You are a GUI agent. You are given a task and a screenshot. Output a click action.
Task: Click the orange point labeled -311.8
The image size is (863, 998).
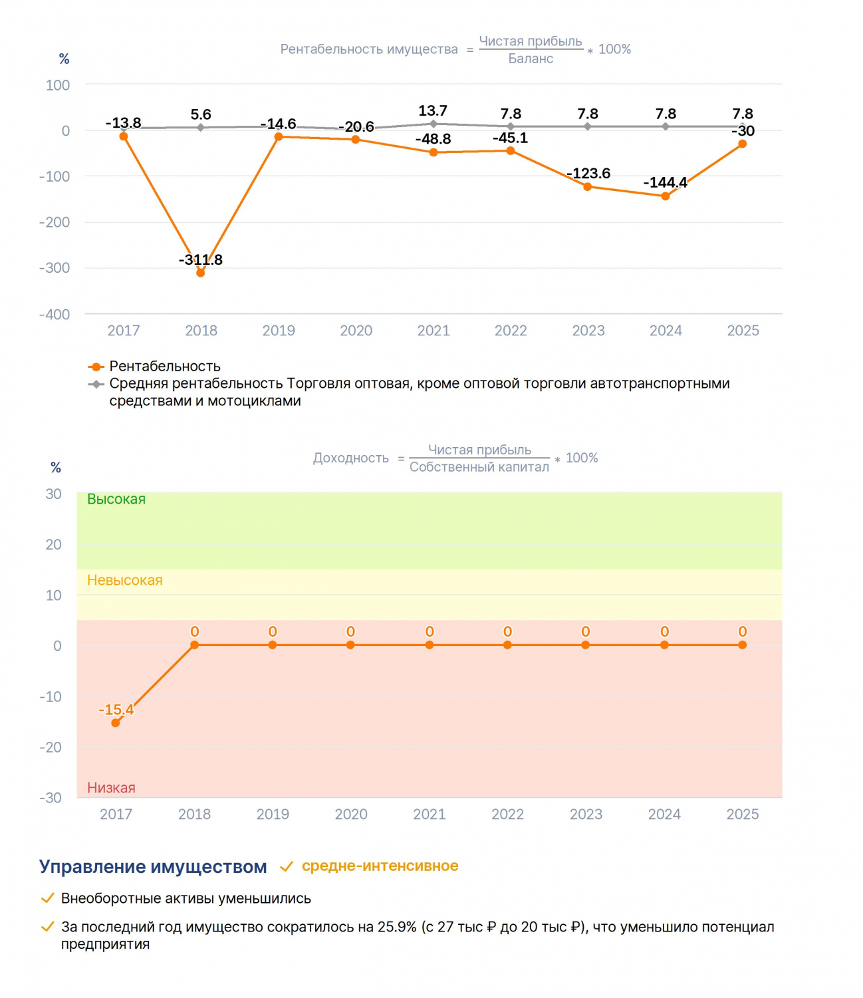(x=200, y=273)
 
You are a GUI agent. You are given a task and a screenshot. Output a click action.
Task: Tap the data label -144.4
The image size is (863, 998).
(x=665, y=182)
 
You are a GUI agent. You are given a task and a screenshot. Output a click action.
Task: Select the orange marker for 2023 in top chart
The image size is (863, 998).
(x=587, y=186)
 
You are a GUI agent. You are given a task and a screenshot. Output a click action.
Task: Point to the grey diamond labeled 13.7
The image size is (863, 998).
(x=433, y=124)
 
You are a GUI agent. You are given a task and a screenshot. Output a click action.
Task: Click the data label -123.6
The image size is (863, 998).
(x=588, y=173)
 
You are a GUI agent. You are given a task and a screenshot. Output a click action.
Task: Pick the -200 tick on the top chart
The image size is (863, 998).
(x=55, y=222)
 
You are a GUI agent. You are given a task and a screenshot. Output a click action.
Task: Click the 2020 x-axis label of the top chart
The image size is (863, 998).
(x=356, y=330)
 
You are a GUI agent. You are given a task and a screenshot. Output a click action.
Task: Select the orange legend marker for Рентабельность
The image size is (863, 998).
(x=96, y=367)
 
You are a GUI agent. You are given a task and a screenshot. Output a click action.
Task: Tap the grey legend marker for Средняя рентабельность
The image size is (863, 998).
(x=96, y=385)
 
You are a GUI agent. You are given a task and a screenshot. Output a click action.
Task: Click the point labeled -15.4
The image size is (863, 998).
(x=115, y=723)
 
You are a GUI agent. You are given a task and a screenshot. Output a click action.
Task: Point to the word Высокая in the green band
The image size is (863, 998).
(x=116, y=499)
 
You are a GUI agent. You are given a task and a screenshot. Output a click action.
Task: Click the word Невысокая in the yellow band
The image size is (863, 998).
(x=124, y=580)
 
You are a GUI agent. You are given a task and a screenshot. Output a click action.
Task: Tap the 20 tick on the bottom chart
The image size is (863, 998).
(x=54, y=545)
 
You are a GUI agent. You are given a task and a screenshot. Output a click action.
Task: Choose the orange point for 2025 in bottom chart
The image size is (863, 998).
(x=742, y=645)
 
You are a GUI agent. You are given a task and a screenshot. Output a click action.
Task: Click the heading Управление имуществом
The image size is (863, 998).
(x=153, y=867)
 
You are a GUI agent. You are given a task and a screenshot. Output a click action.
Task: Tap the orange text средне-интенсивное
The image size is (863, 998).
(x=380, y=866)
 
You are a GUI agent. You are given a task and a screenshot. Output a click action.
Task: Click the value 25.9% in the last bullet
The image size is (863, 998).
(x=397, y=927)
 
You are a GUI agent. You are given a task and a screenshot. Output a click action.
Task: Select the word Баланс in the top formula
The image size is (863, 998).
(x=531, y=59)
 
